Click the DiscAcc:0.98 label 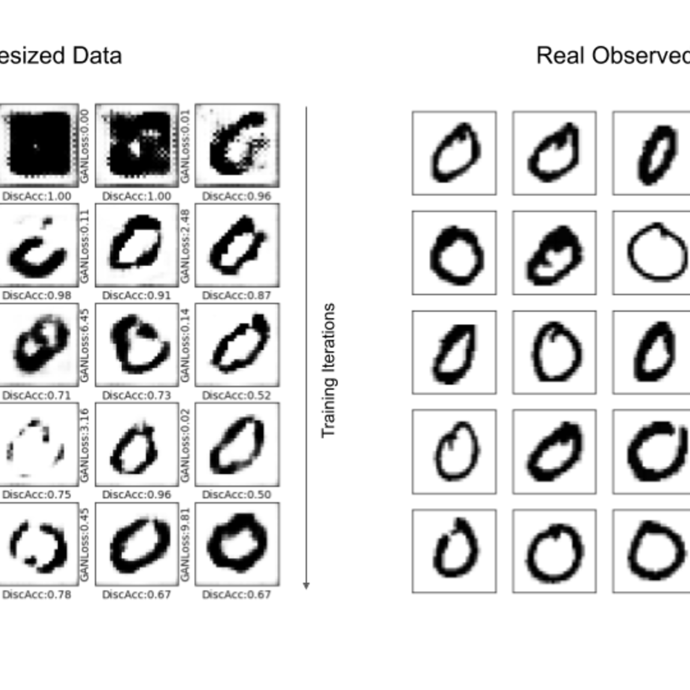(37, 296)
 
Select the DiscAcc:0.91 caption (137, 296)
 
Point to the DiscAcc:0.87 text (237, 296)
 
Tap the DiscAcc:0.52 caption (237, 396)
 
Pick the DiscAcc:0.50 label (237, 494)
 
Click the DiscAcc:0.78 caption (37, 595)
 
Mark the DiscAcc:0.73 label (137, 396)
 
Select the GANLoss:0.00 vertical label (85, 146)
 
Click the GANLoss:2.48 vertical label (185, 246)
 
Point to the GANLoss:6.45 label (85, 345)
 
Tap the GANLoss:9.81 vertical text (185, 544)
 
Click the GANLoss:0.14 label (185, 345)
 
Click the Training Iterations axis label (328, 371)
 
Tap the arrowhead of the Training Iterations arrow (306, 585)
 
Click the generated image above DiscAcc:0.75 (37, 444)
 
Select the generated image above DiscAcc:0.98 (37, 246)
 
